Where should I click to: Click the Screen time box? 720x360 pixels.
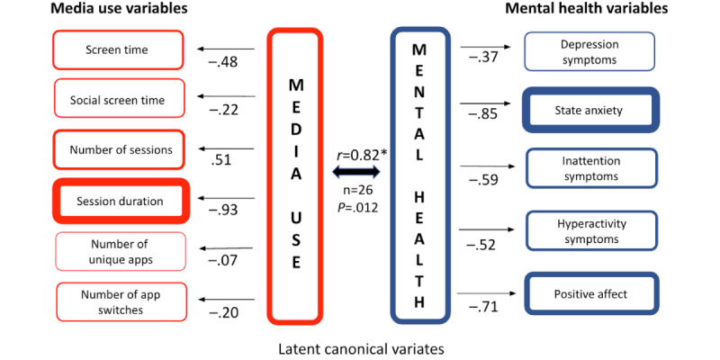pos(118,49)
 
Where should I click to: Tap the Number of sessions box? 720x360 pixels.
pos(120,149)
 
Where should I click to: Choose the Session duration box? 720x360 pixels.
pos(121,201)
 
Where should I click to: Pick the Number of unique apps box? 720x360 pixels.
pos(121,252)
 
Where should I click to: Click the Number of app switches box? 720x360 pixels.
pos(121,301)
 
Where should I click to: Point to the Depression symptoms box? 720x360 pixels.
pos(589,52)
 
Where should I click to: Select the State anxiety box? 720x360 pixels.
pos(590,110)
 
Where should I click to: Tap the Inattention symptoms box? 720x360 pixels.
pos(590,168)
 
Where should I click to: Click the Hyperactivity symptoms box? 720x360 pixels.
pos(592,231)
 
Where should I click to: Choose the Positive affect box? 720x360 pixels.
pos(590,294)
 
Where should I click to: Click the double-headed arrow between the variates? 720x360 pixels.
pos(356,172)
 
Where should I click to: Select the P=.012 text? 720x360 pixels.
pos(356,208)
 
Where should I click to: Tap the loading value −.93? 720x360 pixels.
pos(223,211)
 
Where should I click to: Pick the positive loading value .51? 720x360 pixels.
pos(221,161)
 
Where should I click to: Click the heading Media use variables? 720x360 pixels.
pos(119,9)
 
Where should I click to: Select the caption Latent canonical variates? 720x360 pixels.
pos(362,349)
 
